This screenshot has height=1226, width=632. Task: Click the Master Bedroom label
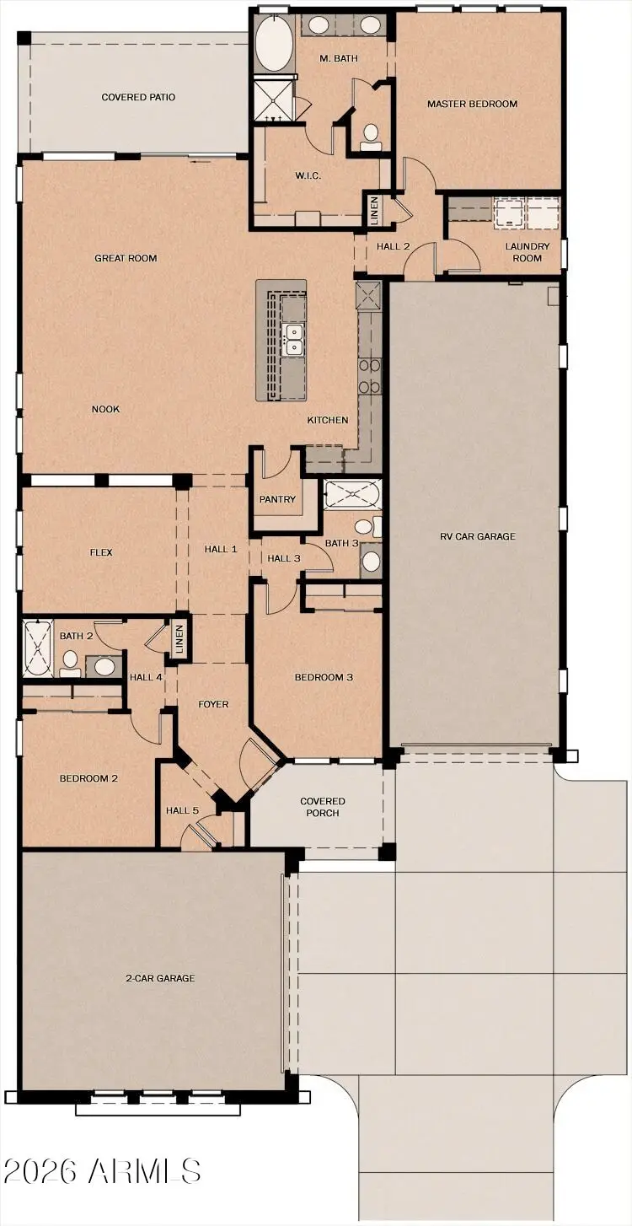coord(472,105)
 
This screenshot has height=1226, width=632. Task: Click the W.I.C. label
coord(306,176)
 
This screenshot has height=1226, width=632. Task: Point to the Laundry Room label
coord(528,251)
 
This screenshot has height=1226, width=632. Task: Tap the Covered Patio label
coord(138,98)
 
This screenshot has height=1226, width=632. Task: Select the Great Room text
coord(126,259)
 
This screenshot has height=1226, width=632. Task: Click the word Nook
coord(106,410)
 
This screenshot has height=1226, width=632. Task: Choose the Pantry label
coord(277,500)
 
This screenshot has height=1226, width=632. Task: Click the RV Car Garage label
coord(477,536)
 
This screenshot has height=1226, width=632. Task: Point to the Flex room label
coord(101,553)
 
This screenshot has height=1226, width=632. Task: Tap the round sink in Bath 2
coord(104,666)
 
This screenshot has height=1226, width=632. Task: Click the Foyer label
coord(213,705)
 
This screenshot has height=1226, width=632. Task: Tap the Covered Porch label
coord(323,807)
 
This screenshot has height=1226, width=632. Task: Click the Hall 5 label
coord(182,811)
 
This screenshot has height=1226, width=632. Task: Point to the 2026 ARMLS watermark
coord(102,1170)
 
